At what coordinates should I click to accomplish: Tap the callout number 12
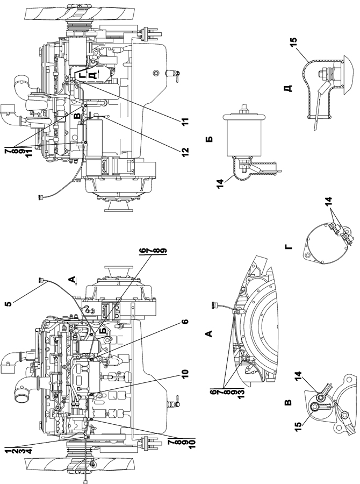click(184, 152)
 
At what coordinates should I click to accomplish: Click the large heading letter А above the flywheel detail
click(209, 333)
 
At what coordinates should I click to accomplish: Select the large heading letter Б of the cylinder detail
click(209, 139)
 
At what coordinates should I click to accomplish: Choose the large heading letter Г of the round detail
click(287, 246)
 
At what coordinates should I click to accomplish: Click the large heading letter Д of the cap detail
click(288, 89)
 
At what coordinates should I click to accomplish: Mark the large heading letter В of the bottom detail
click(287, 402)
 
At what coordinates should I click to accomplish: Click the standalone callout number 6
click(184, 322)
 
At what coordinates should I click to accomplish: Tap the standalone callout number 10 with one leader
click(184, 374)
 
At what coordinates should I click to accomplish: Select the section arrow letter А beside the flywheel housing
click(71, 280)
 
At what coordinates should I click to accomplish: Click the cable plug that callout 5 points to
click(40, 280)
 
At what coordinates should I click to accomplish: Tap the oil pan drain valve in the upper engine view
click(174, 74)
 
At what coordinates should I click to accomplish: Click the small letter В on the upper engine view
click(77, 116)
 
